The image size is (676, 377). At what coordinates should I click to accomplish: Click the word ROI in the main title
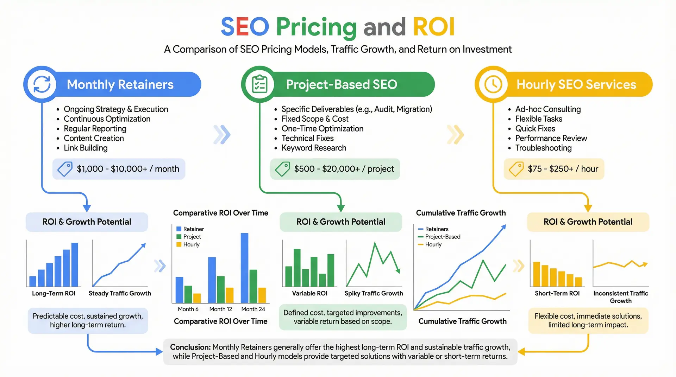point(433,27)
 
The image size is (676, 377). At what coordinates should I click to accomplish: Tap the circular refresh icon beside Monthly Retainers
point(42,84)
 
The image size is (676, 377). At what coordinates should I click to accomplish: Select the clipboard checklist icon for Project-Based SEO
point(260,84)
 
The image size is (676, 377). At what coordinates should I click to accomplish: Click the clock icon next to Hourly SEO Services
point(493,84)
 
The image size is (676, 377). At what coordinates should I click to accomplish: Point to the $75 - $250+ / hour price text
point(563,169)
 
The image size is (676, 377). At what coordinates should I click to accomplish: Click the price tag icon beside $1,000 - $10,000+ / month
point(65,169)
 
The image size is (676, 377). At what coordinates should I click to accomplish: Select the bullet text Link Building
point(86,148)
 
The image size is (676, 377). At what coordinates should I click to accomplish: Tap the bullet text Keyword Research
point(314,148)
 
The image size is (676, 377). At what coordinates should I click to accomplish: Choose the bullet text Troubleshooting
point(543,148)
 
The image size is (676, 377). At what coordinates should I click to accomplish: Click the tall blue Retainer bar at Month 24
point(244,267)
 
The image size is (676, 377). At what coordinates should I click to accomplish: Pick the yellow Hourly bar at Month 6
point(197,298)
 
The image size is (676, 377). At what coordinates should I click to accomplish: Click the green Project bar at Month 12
point(221,289)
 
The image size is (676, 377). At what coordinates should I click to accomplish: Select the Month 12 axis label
point(220,309)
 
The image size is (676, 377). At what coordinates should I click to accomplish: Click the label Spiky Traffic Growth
point(374,293)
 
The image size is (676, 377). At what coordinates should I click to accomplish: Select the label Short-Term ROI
point(557,293)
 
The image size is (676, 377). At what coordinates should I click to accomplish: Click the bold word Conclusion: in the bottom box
point(190,347)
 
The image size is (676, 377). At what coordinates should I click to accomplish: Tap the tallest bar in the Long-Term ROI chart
point(75,264)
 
